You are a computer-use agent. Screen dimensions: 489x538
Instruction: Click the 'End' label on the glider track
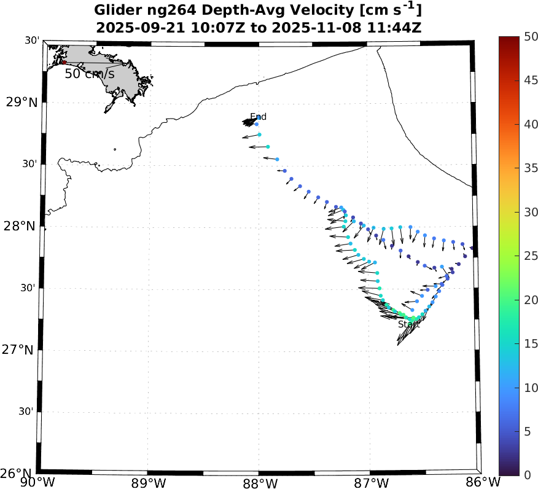point(259,117)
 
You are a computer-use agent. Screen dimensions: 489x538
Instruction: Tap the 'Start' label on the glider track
point(407,324)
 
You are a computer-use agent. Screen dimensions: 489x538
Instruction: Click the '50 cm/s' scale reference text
point(90,74)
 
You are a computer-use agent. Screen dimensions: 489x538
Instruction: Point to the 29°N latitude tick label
point(21,102)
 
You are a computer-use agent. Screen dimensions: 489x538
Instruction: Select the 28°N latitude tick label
point(21,226)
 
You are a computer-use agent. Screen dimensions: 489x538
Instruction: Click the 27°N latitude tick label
point(21,350)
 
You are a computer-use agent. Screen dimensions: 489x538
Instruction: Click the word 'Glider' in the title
point(117,10)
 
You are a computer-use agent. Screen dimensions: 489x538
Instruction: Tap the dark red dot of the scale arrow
point(63,62)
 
